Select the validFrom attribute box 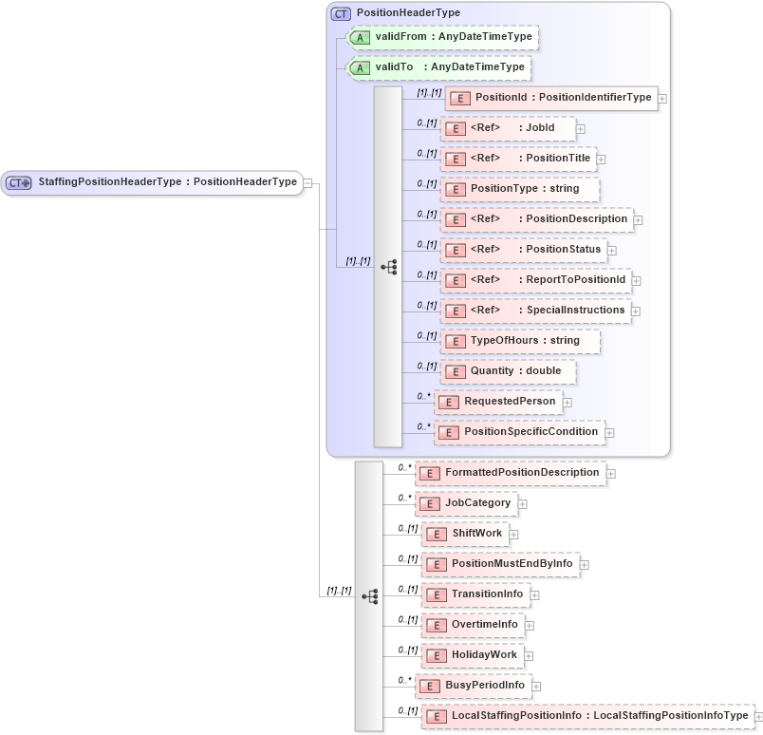[x=443, y=37]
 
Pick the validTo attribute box [x=438, y=67]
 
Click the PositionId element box [x=552, y=98]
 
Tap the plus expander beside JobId [x=581, y=128]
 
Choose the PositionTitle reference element [x=520, y=159]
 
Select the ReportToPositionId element [x=537, y=280]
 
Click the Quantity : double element [x=510, y=371]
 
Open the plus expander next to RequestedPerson [x=568, y=403]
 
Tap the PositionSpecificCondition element [x=519, y=432]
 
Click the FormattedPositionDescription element [x=511, y=473]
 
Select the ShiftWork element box [x=465, y=534]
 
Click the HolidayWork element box [x=473, y=655]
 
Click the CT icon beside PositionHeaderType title [x=340, y=13]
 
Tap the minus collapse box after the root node [x=308, y=182]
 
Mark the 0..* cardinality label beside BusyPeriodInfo [x=405, y=680]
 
